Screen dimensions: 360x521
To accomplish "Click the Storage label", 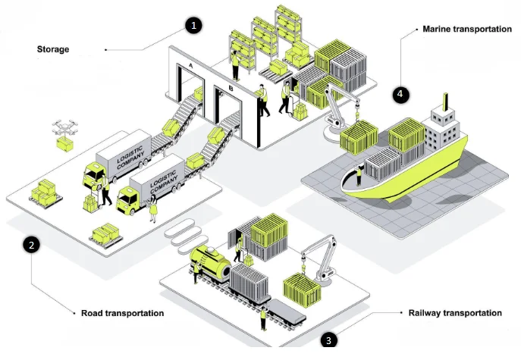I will point(53,49).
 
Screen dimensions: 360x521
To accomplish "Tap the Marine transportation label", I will point(467,29).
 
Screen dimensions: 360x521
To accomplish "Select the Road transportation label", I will point(122,312).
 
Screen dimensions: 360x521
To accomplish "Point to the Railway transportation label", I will point(454,313).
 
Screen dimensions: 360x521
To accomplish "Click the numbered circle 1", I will point(194,25).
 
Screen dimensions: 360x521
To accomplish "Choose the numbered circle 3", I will point(328,340).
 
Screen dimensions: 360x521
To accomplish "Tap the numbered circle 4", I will point(400,95).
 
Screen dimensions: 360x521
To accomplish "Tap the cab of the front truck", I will point(129,196).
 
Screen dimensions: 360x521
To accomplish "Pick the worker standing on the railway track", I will point(263,318).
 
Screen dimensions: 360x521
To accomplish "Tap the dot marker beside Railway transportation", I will point(401,312).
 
